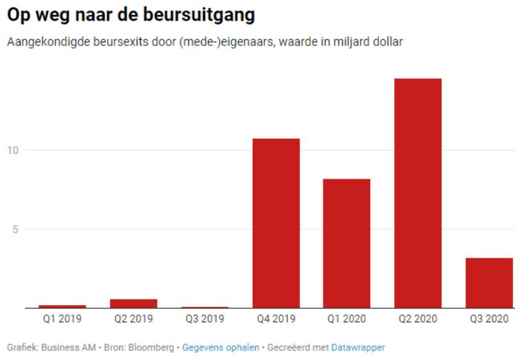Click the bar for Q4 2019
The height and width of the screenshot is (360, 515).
tap(276, 223)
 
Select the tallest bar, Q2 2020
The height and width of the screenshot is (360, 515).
tap(417, 193)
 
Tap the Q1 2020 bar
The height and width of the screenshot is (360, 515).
tap(347, 243)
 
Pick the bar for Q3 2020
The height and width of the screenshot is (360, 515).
tap(488, 282)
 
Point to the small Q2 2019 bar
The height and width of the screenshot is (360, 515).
tap(135, 303)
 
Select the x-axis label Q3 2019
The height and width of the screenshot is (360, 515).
tap(205, 319)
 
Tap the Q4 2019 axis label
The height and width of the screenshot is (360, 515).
tap(276, 319)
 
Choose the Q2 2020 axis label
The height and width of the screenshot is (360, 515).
tap(417, 319)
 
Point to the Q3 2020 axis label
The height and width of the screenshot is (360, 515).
tap(488, 319)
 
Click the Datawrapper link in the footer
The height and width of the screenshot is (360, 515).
tap(358, 348)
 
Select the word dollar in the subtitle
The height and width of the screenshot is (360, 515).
tap(387, 43)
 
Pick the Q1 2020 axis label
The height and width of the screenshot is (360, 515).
tap(347, 319)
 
